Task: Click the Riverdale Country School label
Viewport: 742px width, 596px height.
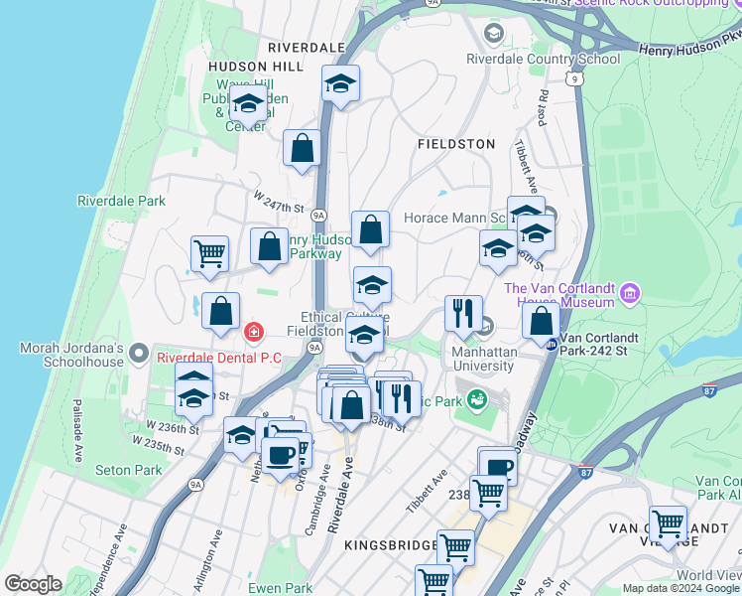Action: tap(544, 59)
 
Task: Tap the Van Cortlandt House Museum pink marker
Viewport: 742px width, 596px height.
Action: tap(628, 294)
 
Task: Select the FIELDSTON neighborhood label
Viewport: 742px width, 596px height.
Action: tap(456, 144)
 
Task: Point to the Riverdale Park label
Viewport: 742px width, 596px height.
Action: tap(121, 201)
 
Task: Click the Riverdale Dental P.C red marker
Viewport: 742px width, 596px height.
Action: tap(255, 331)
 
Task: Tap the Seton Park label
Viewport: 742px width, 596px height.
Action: tap(128, 470)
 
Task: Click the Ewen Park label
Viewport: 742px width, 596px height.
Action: tap(280, 588)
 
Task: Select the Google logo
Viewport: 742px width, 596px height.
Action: tap(33, 584)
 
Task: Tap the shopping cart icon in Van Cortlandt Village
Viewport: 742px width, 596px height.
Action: tap(669, 522)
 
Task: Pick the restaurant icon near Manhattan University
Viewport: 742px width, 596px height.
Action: tap(463, 313)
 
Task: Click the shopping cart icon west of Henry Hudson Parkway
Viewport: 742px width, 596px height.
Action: tap(209, 253)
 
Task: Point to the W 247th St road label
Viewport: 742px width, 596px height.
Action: tap(277, 206)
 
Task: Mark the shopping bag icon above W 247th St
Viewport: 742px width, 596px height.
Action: tap(302, 149)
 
